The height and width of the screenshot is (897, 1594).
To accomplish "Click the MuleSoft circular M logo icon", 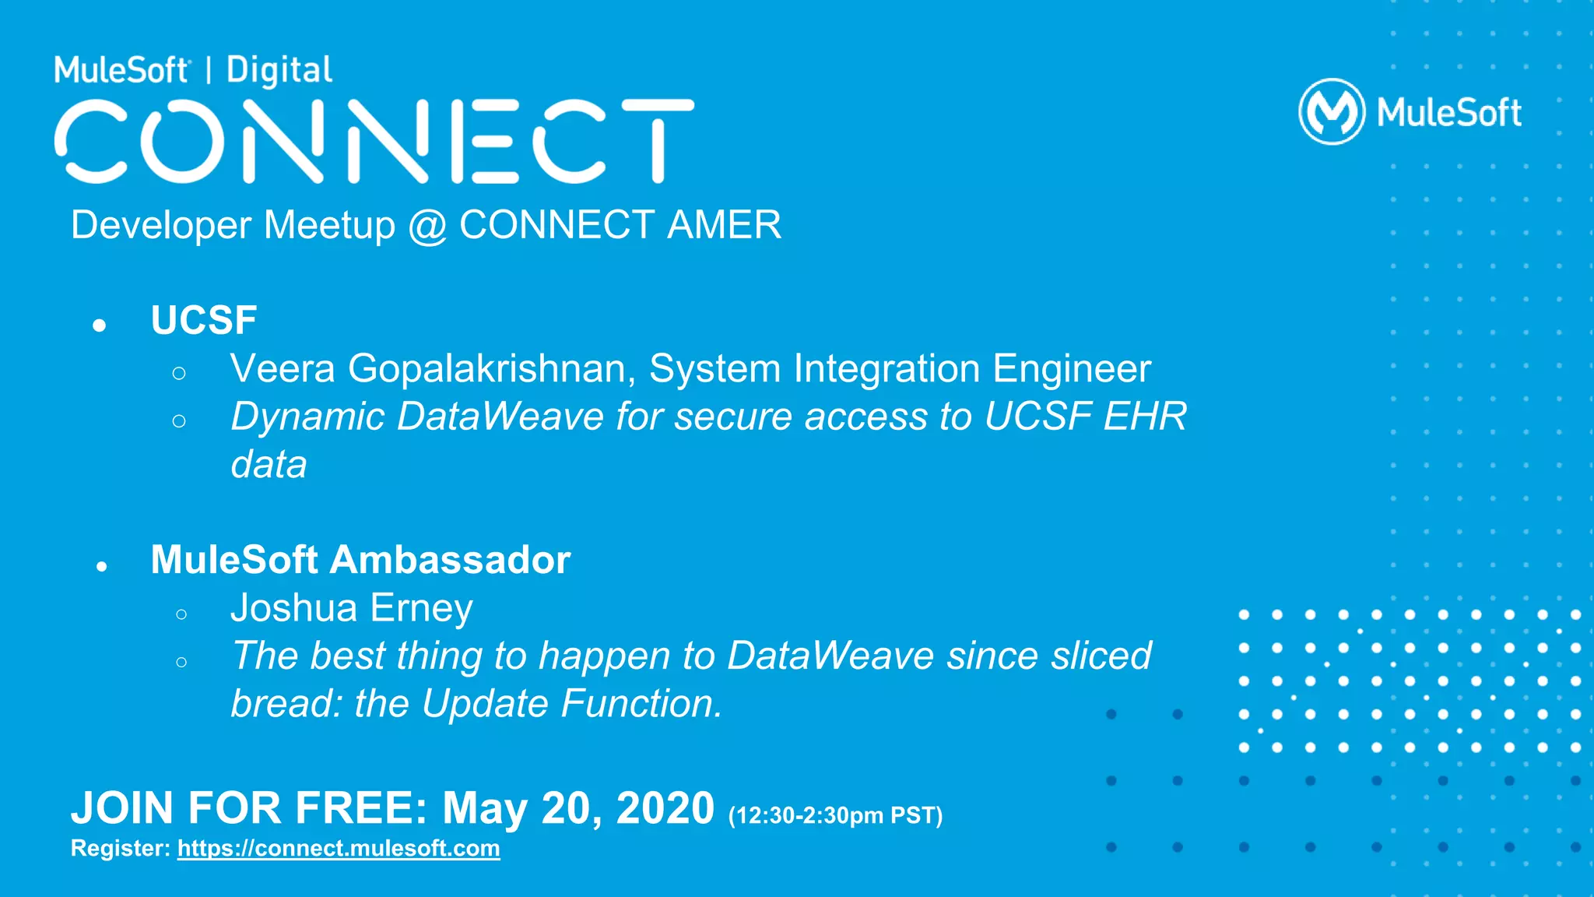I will pyautogui.click(x=1332, y=112).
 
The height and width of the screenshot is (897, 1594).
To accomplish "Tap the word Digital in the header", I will pyautogui.click(x=279, y=70).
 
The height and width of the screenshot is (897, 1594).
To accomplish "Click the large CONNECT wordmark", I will pyautogui.click(x=374, y=142).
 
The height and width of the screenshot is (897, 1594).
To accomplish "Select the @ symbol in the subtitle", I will pyautogui.click(x=427, y=227).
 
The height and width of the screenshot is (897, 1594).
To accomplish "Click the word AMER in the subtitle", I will pyautogui.click(x=724, y=225).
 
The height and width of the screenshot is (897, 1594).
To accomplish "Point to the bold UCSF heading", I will pyautogui.click(x=204, y=320).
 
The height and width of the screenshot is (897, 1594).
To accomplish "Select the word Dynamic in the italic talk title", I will pyautogui.click(x=308, y=417).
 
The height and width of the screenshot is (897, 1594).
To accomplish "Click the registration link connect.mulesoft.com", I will pyautogui.click(x=339, y=848).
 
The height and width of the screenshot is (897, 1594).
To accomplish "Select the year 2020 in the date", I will pyautogui.click(x=665, y=808).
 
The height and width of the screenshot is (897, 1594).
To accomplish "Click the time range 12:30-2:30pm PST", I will pyautogui.click(x=835, y=815).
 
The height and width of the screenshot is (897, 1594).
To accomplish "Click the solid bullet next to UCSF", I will pyautogui.click(x=99, y=325).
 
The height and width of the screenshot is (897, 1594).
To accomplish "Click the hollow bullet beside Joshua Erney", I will pyautogui.click(x=181, y=614).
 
